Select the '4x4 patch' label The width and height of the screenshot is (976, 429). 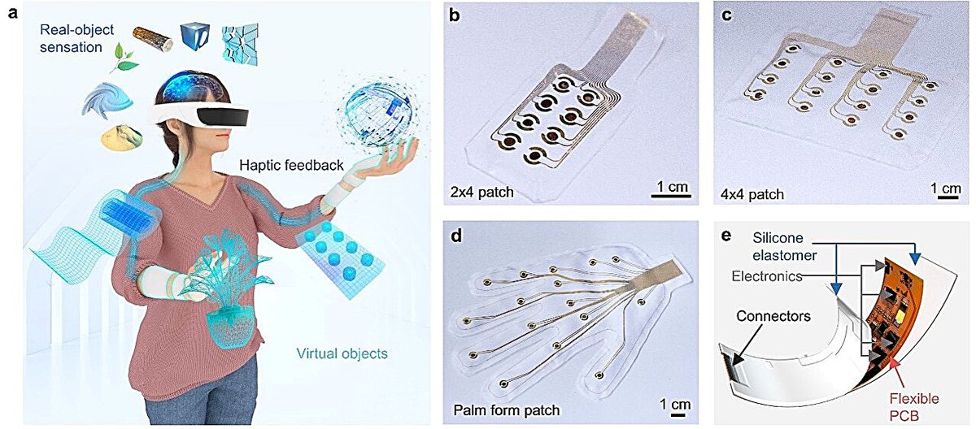click(752, 194)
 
